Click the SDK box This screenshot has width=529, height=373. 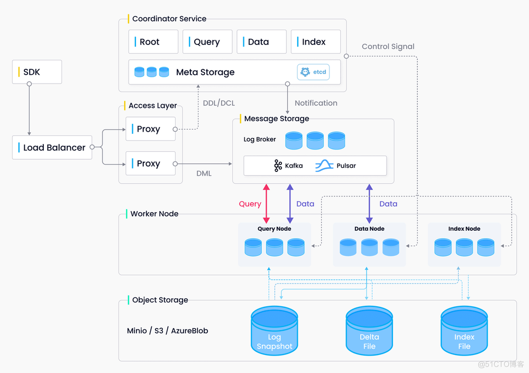37,72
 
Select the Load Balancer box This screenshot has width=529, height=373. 52,148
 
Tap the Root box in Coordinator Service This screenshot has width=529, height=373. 153,42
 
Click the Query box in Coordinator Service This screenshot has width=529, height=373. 207,42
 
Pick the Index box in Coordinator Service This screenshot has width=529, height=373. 315,42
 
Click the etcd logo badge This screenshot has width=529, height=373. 313,72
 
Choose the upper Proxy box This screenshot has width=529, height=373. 150,129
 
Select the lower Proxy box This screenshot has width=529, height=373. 150,163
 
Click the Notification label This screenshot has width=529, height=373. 316,103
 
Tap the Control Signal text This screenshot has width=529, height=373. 388,47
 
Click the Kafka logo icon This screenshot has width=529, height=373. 278,166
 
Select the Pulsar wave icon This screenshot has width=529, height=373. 324,166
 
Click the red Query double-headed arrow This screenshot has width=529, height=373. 267,204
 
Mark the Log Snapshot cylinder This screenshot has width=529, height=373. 274,331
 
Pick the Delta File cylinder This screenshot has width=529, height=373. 369,331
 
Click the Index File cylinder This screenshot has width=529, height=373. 464,331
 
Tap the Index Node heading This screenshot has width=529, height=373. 464,229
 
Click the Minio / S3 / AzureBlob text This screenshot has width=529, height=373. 168,331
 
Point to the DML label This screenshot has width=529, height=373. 204,174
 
